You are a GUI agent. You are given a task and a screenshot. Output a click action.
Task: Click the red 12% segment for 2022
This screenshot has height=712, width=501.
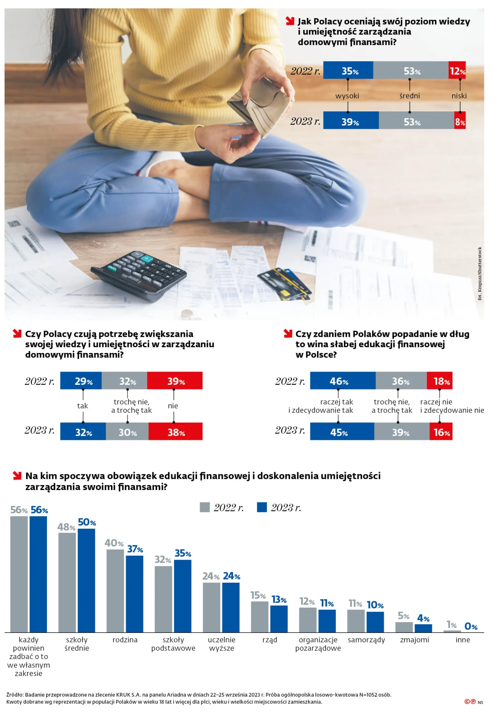[x=457, y=71]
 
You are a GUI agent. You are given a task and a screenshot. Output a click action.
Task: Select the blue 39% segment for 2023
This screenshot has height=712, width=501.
[x=351, y=121]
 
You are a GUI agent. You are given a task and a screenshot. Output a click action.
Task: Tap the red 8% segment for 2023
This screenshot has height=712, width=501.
[x=460, y=121]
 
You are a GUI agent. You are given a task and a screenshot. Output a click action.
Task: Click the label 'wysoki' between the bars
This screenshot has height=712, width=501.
[x=347, y=96]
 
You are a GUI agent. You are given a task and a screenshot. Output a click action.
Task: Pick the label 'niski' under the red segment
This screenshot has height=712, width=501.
[x=459, y=96]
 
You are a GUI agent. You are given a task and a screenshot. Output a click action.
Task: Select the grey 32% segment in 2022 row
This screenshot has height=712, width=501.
[x=125, y=381]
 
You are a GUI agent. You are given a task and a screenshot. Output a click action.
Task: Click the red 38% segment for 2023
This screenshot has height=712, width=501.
[x=175, y=432]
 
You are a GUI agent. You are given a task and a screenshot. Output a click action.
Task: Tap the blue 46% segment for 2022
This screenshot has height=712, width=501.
[x=342, y=381]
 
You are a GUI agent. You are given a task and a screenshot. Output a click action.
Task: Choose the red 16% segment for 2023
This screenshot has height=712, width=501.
[x=441, y=432]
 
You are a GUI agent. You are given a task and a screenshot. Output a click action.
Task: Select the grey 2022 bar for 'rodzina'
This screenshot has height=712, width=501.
[x=115, y=591]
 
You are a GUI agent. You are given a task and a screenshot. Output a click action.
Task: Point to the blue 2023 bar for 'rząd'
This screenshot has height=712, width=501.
[x=279, y=619]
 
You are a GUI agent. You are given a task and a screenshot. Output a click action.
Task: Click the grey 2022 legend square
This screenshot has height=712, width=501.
[x=205, y=508]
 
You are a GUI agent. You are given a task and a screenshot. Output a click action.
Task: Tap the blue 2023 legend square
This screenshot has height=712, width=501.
[x=262, y=508]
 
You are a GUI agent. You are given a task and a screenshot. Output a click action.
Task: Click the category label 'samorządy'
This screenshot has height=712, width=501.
[x=366, y=640]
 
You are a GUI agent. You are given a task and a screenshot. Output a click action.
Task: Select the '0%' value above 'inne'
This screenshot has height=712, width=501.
[x=471, y=626]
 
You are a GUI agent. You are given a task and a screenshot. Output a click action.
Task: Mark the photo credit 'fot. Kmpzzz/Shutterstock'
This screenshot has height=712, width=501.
[x=480, y=273]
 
